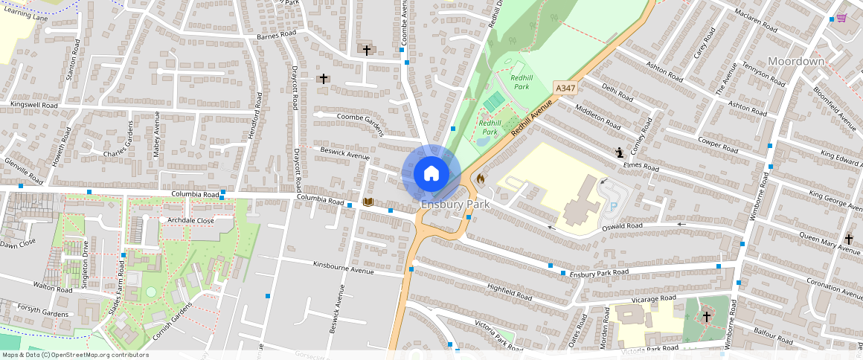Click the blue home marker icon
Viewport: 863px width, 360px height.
(431, 174)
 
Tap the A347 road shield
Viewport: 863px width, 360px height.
(565, 89)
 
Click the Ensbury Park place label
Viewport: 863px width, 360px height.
(455, 204)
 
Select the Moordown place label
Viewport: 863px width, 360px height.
(796, 61)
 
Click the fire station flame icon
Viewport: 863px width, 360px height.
(481, 179)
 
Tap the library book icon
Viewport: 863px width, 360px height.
(368, 202)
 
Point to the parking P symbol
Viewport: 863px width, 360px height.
(614, 206)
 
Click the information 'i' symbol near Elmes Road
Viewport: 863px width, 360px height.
(619, 152)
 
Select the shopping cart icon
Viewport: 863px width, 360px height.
(841, 17)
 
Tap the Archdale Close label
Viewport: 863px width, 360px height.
(190, 220)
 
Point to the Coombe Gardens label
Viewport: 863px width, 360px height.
(360, 123)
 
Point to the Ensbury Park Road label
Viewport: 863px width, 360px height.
(600, 274)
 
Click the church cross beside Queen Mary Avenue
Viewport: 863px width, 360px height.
(849, 240)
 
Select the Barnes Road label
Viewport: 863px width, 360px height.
(276, 36)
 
